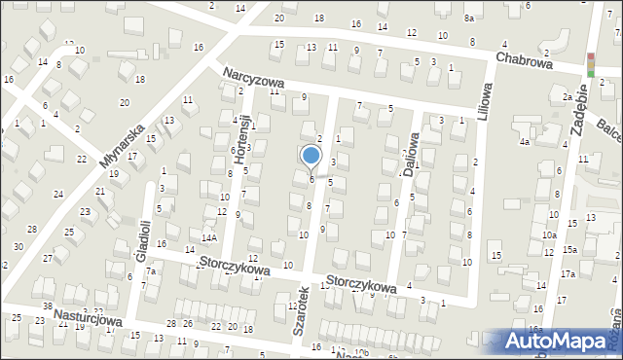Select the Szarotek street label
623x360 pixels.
[x=301, y=310]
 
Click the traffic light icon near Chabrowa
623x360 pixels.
[x=590, y=63]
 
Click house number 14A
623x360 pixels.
[x=207, y=236]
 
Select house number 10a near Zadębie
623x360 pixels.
[x=549, y=234]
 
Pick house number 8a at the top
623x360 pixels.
[x=468, y=18]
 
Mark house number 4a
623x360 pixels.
[x=524, y=143]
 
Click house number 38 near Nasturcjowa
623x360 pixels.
[x=47, y=306]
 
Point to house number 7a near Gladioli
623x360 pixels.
[x=152, y=271]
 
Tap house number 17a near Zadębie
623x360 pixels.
[x=567, y=275]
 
